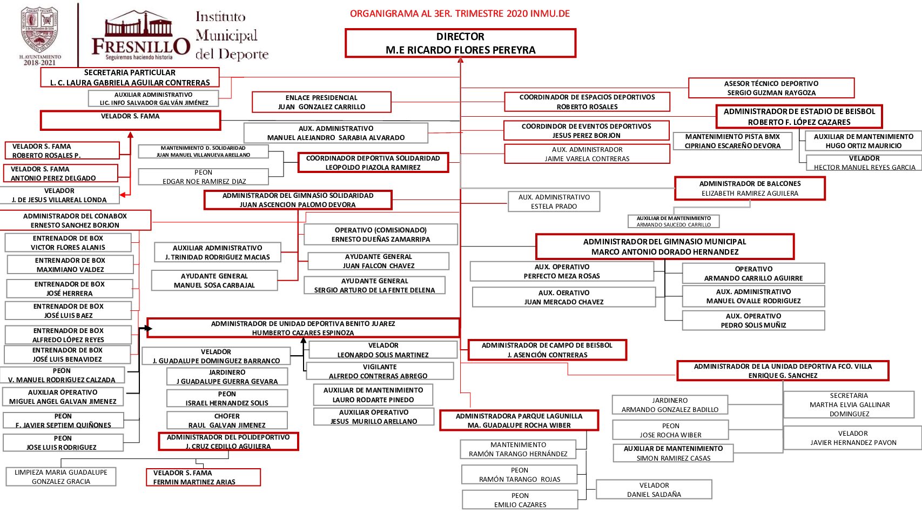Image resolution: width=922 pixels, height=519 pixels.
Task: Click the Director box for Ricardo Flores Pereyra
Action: [460, 43]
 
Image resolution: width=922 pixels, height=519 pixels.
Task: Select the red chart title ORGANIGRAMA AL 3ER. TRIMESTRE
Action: [460, 14]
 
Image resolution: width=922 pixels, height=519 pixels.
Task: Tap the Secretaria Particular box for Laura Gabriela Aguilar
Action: [130, 77]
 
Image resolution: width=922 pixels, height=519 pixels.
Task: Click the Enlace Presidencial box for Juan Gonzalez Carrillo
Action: [321, 102]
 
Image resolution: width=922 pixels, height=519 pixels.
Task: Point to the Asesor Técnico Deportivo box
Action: [771, 88]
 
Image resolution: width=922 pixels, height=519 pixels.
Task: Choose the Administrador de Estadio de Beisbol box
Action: [799, 117]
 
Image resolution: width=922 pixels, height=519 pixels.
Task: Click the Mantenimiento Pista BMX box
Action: [732, 141]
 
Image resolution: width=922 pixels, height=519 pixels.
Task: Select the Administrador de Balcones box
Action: [750, 188]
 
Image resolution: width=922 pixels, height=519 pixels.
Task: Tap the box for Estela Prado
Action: [554, 202]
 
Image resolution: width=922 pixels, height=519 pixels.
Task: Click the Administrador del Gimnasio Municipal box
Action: [664, 247]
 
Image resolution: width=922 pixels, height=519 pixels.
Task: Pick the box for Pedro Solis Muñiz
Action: [753, 321]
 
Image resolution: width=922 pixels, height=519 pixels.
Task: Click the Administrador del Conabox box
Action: [75, 221]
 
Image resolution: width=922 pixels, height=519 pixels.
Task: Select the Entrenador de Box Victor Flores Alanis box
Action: [68, 243]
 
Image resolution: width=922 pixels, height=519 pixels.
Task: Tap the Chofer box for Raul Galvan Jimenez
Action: [227, 421]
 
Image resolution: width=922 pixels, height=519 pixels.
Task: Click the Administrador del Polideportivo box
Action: [228, 442]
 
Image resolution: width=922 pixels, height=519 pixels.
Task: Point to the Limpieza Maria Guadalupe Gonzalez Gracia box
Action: [61, 477]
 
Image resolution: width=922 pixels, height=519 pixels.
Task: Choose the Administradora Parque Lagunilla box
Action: [519, 421]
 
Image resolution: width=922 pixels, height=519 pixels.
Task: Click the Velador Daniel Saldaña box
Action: [654, 490]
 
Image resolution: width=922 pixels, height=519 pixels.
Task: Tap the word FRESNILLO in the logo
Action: [140, 46]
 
